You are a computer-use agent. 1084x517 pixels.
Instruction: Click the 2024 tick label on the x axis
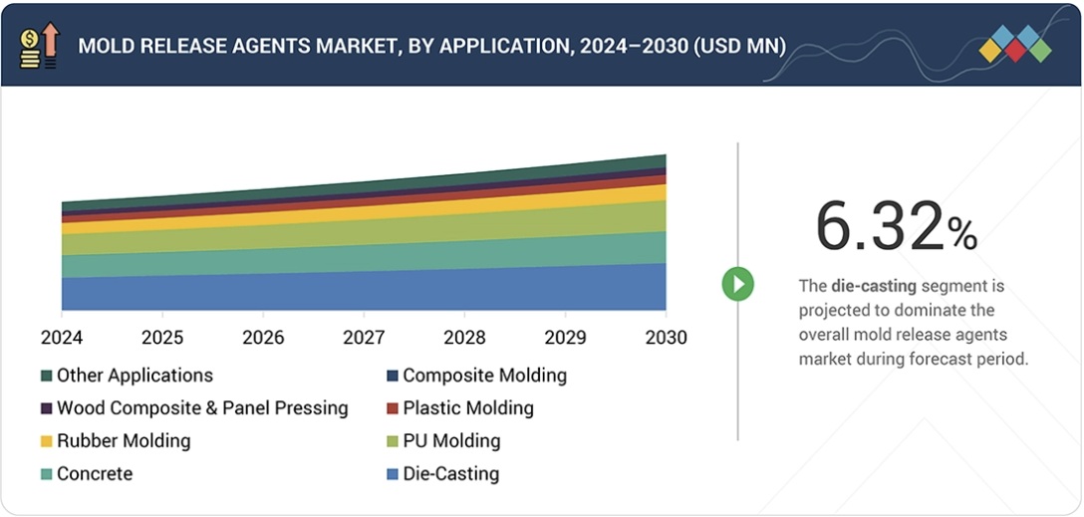point(62,338)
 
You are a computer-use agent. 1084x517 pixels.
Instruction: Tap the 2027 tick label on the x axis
point(364,338)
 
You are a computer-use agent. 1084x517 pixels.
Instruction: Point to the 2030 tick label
point(666,338)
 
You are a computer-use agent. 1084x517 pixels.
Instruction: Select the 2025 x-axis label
point(162,338)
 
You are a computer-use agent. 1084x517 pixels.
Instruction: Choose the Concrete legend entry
point(94,474)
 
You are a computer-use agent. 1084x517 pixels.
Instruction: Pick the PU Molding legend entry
point(451,441)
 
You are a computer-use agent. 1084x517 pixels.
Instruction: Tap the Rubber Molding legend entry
point(123,441)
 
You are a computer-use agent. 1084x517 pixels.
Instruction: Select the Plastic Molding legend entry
point(467,408)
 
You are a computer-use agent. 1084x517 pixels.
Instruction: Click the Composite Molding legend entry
point(484,376)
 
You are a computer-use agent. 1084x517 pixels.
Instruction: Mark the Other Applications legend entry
point(135,376)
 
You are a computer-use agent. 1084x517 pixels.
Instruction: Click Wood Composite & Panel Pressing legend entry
point(202,408)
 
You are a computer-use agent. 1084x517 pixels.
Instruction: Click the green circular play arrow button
point(738,284)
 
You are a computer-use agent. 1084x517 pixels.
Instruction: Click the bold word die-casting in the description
point(874,286)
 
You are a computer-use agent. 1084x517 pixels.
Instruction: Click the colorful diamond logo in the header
point(1014,45)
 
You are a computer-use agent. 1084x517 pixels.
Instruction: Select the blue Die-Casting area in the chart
point(364,291)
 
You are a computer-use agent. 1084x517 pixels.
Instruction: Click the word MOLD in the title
point(106,46)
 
